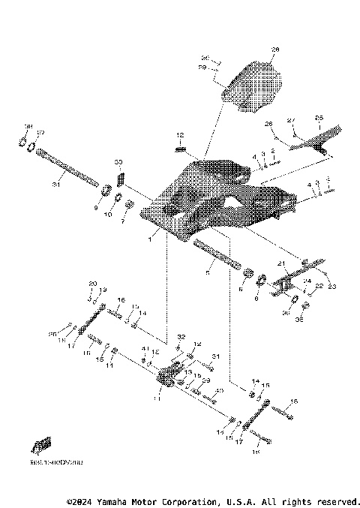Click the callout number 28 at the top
click(x=274, y=50)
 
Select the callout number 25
click(x=319, y=118)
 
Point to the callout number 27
click(x=292, y=120)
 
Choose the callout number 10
click(x=107, y=215)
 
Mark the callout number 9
click(x=97, y=208)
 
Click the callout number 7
click(x=124, y=222)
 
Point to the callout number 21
click(x=282, y=263)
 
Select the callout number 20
click(x=93, y=283)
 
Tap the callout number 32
click(x=180, y=337)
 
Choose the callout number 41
click(x=145, y=350)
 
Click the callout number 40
click(x=219, y=391)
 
